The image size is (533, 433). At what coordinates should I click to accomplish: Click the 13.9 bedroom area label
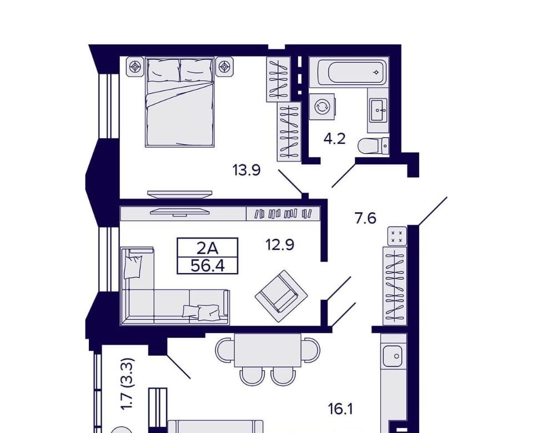coord(247,170)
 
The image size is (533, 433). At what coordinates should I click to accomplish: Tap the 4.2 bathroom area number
coord(334,139)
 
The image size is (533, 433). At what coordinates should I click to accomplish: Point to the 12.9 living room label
coord(279,244)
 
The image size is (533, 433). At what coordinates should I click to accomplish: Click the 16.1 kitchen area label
coord(340,409)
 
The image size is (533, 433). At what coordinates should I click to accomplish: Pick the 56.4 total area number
coord(208,265)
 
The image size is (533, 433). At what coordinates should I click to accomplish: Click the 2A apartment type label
coord(208,249)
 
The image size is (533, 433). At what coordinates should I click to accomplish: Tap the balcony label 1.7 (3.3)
coord(128,384)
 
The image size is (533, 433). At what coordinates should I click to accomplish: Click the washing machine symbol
coord(321,107)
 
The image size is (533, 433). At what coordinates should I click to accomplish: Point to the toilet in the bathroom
coord(374,146)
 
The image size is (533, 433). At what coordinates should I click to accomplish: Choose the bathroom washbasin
coord(378,110)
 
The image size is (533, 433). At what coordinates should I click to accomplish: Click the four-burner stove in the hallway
coord(396,236)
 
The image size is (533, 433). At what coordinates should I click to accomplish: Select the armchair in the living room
coord(281,296)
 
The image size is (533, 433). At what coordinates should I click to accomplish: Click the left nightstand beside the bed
coord(135,67)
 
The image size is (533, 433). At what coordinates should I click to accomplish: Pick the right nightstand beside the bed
coord(224,67)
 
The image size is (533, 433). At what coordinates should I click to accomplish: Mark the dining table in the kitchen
coord(268,350)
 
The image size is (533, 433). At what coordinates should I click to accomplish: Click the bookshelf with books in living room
coord(283,213)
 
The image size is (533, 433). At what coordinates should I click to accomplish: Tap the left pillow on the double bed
coord(163,71)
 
